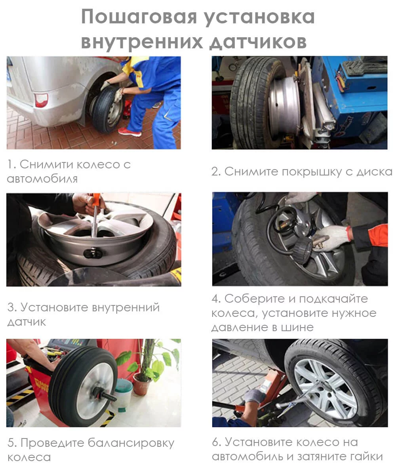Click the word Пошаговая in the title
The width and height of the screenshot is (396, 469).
[139, 17]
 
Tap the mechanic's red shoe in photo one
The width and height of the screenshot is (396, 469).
[129, 132]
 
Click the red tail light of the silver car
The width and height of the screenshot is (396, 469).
[41, 100]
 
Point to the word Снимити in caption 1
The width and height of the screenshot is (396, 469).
[46, 164]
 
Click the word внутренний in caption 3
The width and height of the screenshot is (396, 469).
[126, 307]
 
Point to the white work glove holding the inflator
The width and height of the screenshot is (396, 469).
[332, 238]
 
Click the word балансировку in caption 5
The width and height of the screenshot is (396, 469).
[131, 443]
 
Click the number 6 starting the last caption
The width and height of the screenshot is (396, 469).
[215, 442]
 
